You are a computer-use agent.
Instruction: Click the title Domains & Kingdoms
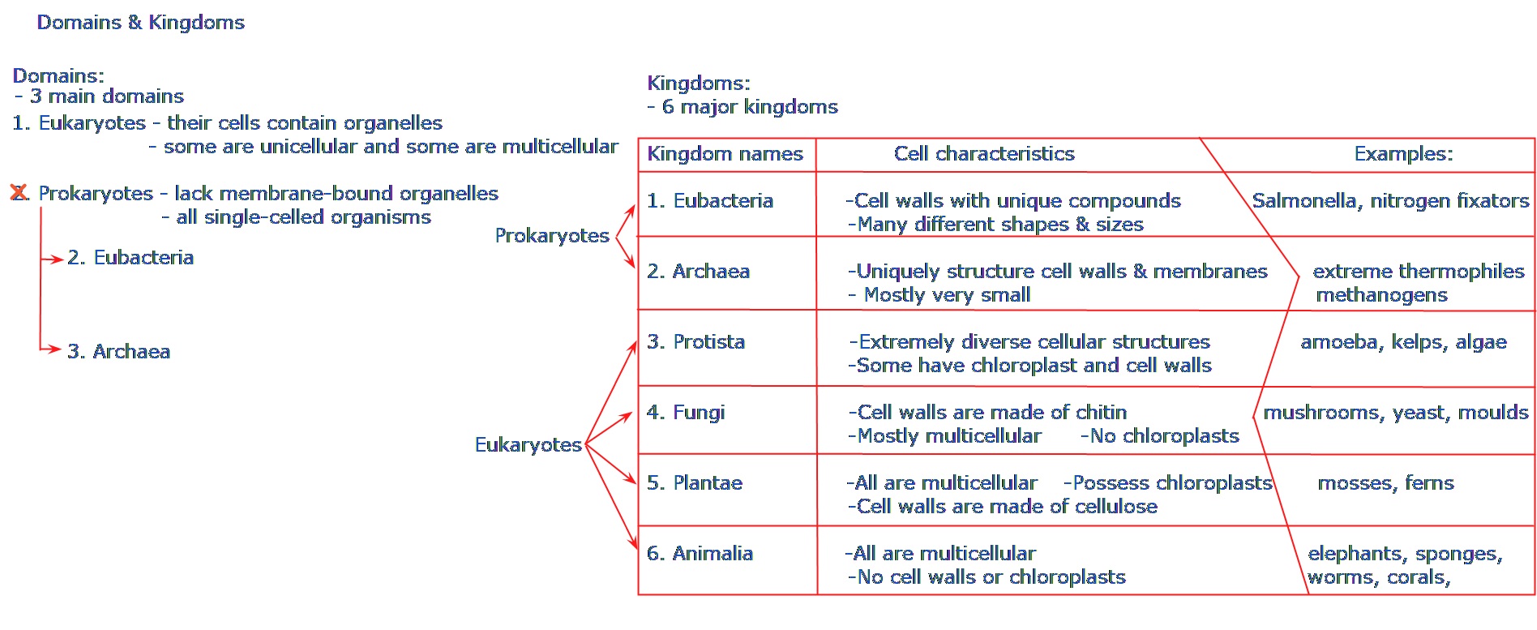(140, 22)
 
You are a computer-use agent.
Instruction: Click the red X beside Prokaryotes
(18, 193)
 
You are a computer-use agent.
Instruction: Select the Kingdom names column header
(725, 154)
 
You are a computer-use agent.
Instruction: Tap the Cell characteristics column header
(984, 154)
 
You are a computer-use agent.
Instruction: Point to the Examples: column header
(1403, 154)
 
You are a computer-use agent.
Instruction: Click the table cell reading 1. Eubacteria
(710, 201)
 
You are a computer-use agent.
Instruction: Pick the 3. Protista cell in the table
(696, 342)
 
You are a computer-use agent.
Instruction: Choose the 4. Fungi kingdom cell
(686, 413)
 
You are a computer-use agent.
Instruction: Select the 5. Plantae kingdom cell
(695, 483)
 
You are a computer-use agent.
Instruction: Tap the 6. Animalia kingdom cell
(700, 554)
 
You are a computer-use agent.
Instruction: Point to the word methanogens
(1381, 295)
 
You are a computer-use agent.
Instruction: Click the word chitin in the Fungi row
(1101, 413)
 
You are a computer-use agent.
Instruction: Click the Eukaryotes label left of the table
(529, 445)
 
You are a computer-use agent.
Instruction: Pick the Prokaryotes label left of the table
(552, 236)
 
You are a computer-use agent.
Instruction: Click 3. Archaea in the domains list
(118, 352)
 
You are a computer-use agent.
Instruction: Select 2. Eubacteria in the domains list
(131, 258)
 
